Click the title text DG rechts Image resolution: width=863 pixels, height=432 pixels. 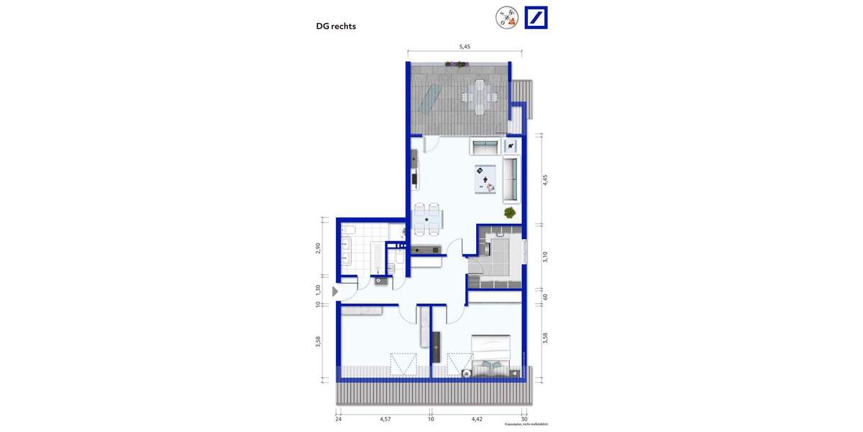click(x=336, y=27)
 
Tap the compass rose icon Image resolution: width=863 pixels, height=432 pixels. click(x=506, y=17)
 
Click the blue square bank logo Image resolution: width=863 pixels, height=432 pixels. click(x=536, y=17)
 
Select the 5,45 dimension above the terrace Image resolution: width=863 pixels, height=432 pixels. click(x=465, y=46)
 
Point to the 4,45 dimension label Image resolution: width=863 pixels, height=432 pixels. click(x=545, y=180)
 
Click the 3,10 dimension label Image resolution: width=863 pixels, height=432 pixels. click(x=545, y=256)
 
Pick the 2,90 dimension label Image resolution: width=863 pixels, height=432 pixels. click(x=318, y=248)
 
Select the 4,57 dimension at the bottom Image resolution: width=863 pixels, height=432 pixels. click(x=385, y=418)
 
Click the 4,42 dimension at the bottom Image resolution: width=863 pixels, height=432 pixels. click(x=477, y=418)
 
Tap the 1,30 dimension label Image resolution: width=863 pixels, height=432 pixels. click(x=318, y=289)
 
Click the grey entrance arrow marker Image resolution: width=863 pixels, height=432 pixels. click(x=335, y=292)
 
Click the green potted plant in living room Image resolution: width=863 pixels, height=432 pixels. click(x=510, y=212)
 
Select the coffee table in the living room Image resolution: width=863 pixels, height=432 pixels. click(x=485, y=178)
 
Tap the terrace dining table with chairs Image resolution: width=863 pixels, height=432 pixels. click(x=480, y=94)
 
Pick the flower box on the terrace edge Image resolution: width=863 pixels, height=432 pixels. click(x=457, y=64)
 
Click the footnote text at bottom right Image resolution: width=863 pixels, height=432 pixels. click(x=526, y=425)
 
